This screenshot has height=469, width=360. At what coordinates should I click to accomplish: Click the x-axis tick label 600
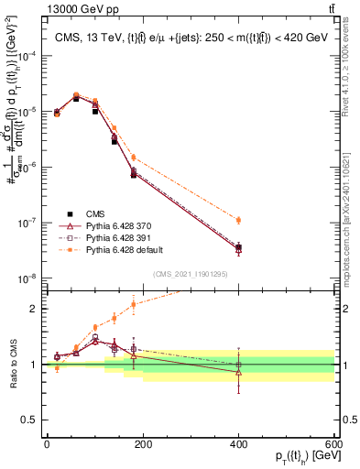click(x=333, y=442)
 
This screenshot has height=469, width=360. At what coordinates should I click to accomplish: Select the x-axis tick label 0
click(x=47, y=442)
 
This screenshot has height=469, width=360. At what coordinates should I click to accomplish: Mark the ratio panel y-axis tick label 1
click(x=34, y=365)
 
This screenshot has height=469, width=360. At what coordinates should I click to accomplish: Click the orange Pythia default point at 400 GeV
click(x=238, y=220)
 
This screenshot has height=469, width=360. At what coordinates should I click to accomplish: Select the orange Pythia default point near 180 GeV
click(x=133, y=158)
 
